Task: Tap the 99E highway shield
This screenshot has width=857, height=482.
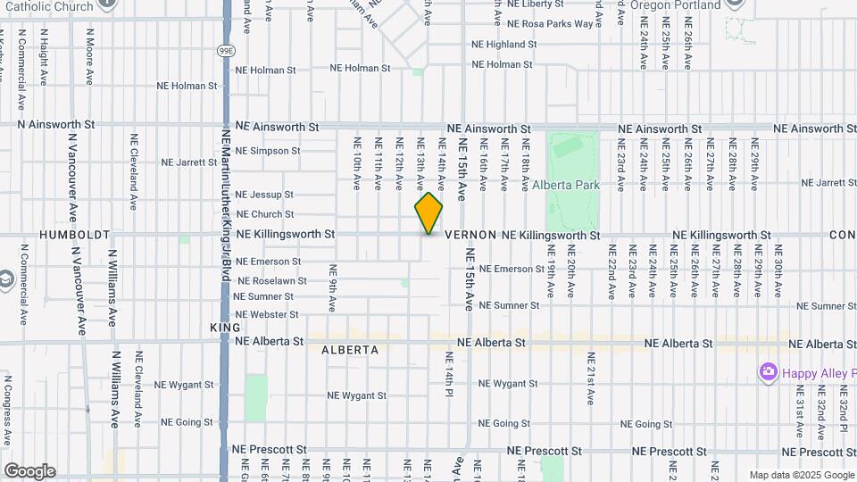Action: [x=226, y=51]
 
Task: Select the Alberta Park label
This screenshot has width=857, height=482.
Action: [x=566, y=186]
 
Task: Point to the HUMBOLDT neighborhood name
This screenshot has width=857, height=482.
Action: [x=75, y=235]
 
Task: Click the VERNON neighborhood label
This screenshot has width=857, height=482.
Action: [x=470, y=235]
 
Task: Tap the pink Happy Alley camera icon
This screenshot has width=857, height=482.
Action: [x=767, y=371]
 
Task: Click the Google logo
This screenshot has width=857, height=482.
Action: [x=29, y=471]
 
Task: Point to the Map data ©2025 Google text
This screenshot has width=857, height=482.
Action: [x=801, y=475]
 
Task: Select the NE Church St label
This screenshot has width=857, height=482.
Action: [x=264, y=214]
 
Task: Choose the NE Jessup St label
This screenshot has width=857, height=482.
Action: [x=264, y=195]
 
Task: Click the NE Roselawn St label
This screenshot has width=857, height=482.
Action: [x=271, y=280]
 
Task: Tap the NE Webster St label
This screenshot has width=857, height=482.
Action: [x=266, y=315]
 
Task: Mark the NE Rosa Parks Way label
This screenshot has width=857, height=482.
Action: [x=551, y=24]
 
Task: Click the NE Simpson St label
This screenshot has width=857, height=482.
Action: [x=268, y=151]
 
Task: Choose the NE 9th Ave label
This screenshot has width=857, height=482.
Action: [x=332, y=287]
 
